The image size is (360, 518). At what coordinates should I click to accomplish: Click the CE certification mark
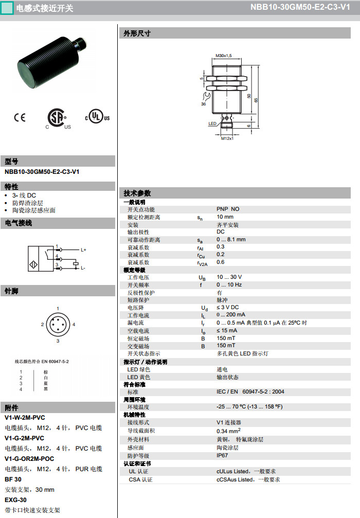tap(20, 117)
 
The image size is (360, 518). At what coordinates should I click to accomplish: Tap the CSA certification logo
tap(57, 118)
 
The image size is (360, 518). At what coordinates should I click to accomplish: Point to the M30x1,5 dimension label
tap(224, 55)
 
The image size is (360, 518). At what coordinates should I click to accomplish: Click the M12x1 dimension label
tap(227, 138)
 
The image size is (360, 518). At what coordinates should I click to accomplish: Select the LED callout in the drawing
tap(212, 124)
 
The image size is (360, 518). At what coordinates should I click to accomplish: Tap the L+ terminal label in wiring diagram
tap(83, 250)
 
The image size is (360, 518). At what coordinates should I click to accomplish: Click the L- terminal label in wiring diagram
tap(83, 268)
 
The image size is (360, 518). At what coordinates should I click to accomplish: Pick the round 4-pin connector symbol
tap(58, 325)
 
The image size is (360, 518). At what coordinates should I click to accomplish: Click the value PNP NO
tap(228, 209)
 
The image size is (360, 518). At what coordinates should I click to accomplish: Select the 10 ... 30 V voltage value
tap(229, 277)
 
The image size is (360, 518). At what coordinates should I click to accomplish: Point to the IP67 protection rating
tap(222, 456)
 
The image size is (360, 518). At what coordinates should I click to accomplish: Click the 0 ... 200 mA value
tap(230, 315)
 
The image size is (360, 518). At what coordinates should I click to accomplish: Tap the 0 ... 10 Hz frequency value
tap(229, 285)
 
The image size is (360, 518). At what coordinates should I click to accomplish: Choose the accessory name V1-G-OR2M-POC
tap(29, 459)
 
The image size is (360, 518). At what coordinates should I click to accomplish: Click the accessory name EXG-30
tap(15, 500)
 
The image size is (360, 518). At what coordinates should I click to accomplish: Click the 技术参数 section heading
tap(137, 193)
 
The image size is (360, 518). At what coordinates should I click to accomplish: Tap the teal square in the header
tap(7, 8)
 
